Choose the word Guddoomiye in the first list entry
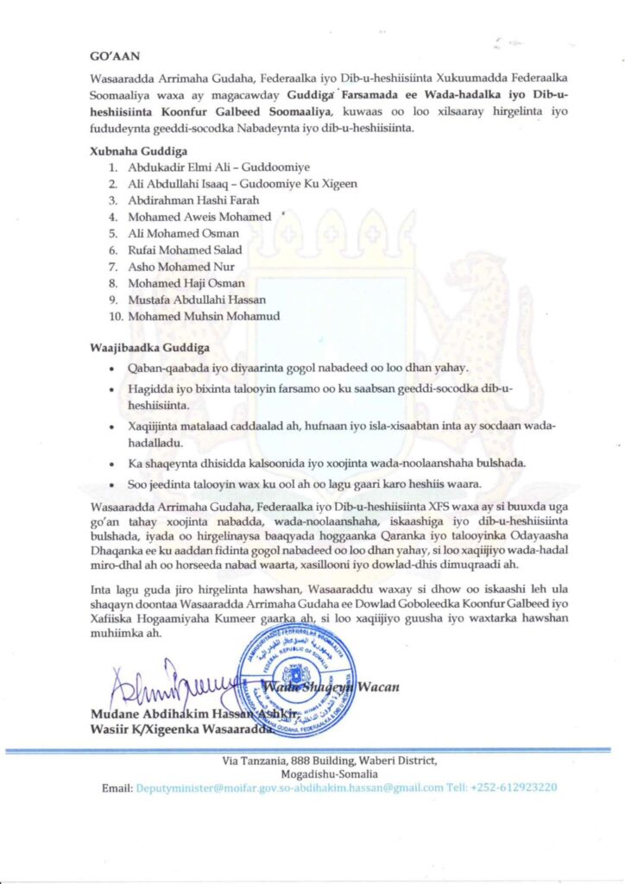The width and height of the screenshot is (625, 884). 259,167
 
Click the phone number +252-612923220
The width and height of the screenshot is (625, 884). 503,787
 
